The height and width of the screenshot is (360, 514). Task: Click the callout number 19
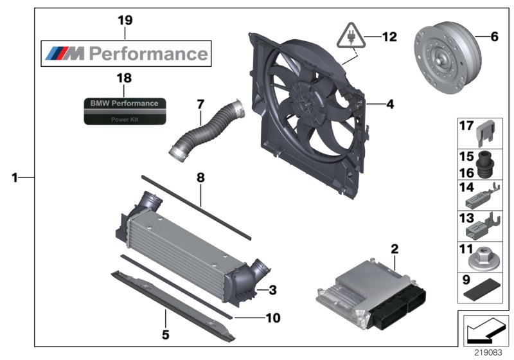(125, 21)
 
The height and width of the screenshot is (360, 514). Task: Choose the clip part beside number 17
(486, 130)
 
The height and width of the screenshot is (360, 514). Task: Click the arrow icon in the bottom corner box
(483, 329)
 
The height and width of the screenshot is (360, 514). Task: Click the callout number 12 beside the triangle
(389, 37)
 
